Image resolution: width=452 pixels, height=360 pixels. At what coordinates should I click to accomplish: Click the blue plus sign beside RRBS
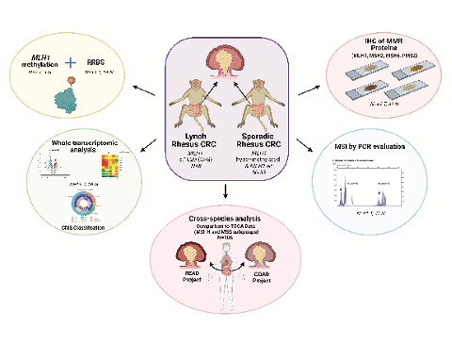coord(72,63)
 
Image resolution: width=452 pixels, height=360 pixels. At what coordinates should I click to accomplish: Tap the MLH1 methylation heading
coord(40,64)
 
